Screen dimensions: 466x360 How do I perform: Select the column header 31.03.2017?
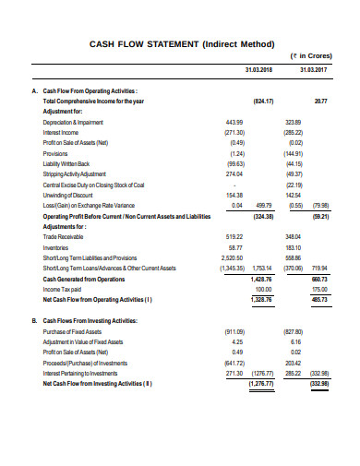click(316, 70)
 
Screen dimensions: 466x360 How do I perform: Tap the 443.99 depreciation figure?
click(234, 122)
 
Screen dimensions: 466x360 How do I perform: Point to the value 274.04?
click(234, 173)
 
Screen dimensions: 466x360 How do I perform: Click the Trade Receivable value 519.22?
click(234, 237)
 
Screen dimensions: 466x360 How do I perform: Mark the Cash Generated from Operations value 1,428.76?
click(263, 279)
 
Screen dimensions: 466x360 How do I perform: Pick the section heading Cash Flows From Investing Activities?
click(90, 319)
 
